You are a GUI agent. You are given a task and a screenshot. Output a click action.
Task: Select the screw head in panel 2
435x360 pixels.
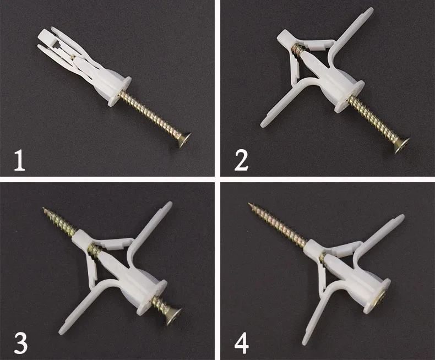point(399,145)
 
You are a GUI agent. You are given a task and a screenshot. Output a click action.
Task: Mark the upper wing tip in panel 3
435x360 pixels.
point(167,206)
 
